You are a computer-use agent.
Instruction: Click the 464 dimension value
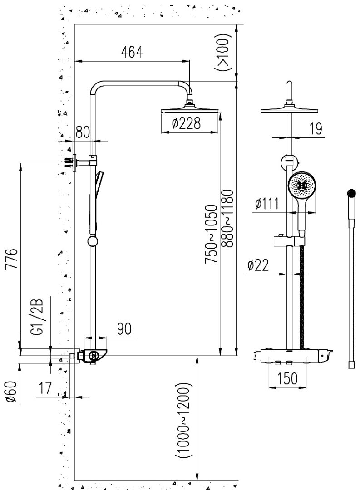[x=132, y=52]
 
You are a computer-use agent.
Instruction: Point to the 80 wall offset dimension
[x=82, y=132]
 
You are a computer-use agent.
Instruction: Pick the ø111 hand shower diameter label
[x=267, y=204]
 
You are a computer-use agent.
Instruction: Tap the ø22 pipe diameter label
[x=259, y=266]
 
